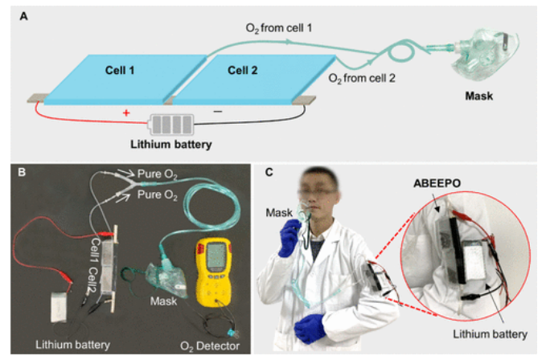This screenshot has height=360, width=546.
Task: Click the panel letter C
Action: click(269, 173)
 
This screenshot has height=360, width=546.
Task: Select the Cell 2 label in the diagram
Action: click(241, 70)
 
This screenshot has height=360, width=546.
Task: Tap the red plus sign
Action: click(125, 113)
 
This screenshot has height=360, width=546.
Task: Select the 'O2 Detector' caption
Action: click(211, 346)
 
